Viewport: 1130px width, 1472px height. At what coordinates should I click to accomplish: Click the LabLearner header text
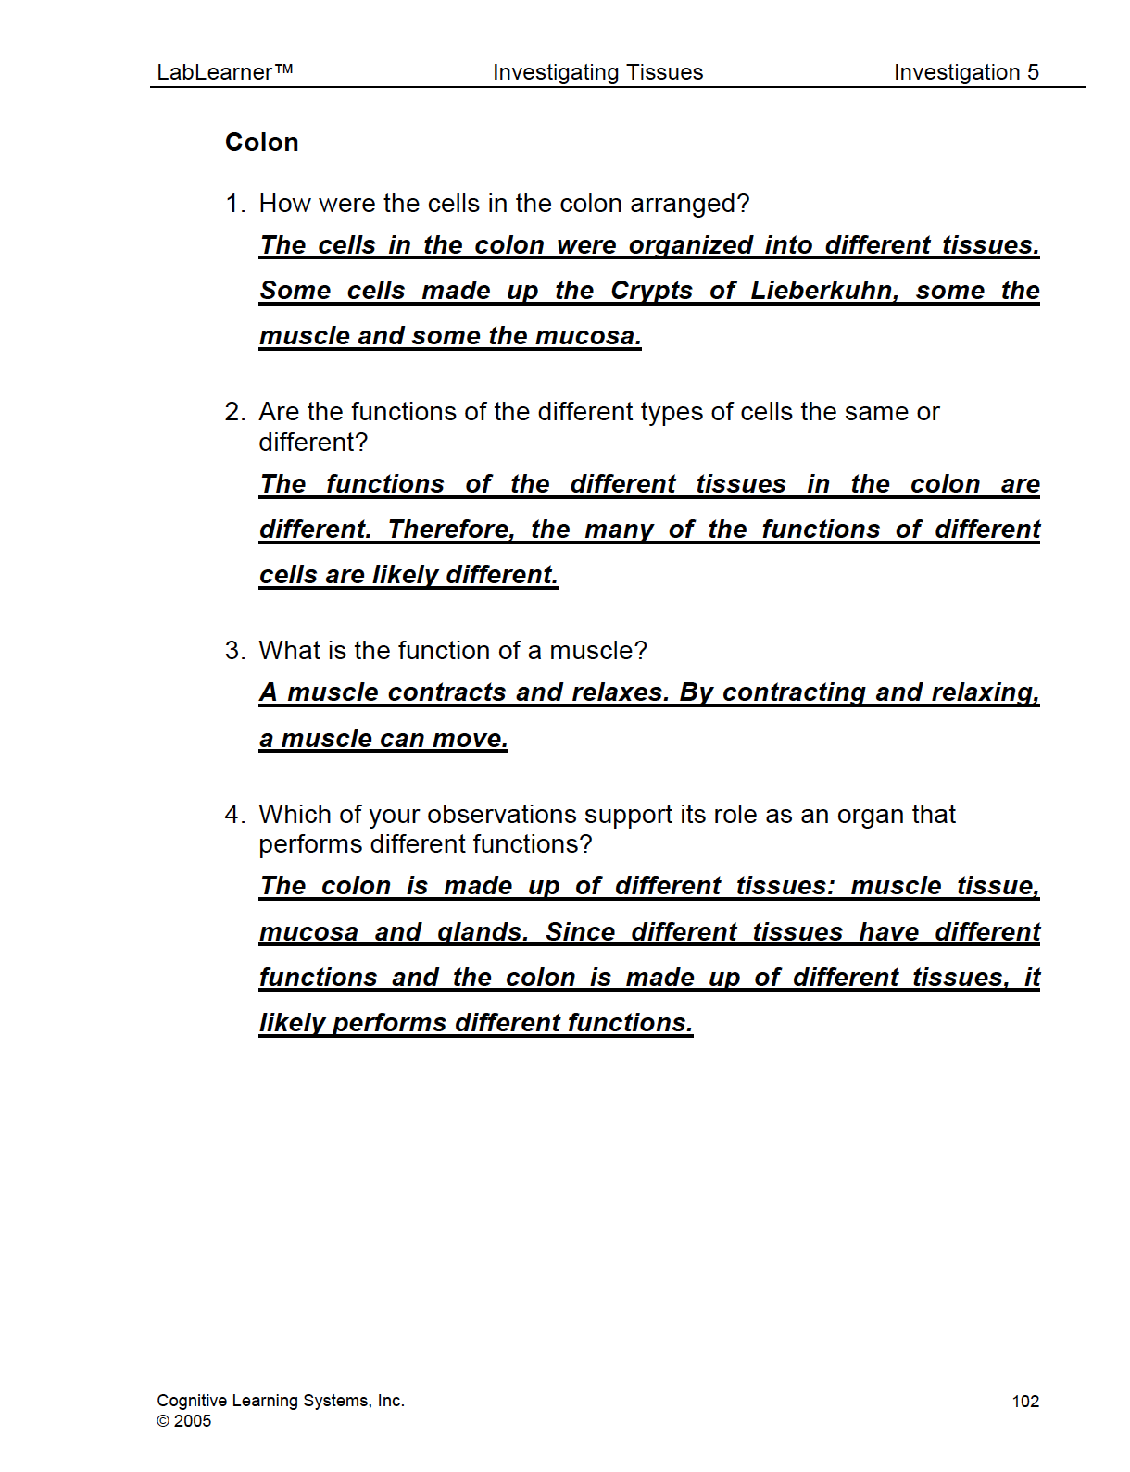pos(224,72)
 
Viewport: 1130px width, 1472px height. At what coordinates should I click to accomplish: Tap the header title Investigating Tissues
pos(597,72)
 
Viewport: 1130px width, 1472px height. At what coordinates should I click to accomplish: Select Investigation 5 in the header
pos(966,72)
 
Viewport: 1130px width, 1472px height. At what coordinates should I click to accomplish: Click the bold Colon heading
pos(262,143)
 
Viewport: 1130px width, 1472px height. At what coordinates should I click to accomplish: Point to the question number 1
pos(234,204)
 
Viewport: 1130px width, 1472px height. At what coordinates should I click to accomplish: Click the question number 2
pos(234,412)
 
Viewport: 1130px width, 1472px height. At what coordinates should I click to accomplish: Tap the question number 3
pos(234,651)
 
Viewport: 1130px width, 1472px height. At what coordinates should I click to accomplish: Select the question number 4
pos(234,815)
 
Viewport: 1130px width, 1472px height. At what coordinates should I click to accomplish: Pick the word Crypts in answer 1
pos(651,291)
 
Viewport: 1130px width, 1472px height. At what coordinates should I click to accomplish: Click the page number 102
pos(1025,1402)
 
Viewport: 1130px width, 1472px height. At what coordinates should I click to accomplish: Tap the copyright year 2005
pos(193,1421)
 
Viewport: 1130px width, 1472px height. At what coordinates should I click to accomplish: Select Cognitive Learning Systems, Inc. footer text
pos(281,1401)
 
